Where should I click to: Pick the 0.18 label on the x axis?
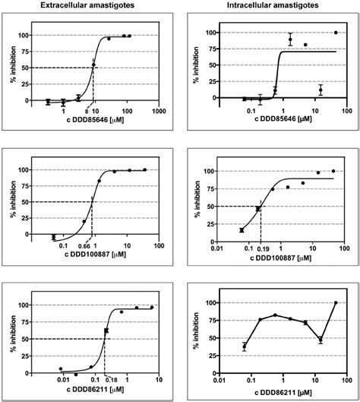pyautogui.click(x=109, y=380)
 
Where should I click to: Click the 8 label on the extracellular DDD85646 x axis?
pyautogui.click(x=88, y=112)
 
